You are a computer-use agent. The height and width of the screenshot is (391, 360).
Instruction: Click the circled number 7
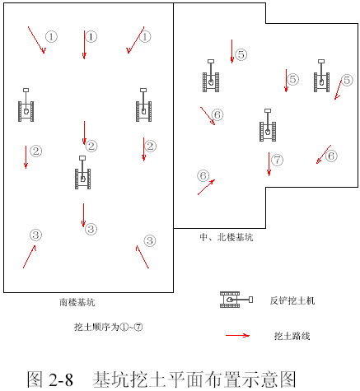277,160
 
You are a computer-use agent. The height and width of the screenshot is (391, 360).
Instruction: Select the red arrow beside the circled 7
269,164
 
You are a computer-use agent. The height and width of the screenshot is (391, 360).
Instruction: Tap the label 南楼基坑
77,302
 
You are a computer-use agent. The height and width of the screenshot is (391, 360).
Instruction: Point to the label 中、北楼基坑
227,237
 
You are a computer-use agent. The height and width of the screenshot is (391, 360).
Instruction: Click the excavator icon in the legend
236,300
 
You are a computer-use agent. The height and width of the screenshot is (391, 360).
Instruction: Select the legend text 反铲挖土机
292,300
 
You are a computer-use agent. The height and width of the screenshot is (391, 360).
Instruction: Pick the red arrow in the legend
237,335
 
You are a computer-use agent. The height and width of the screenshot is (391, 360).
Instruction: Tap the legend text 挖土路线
292,336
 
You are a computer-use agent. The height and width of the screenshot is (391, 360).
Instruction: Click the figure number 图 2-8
50,379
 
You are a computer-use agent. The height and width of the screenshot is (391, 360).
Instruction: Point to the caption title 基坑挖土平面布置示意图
194,379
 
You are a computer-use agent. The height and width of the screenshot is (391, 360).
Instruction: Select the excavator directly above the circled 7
268,125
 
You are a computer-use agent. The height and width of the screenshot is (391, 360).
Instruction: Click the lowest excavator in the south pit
82,173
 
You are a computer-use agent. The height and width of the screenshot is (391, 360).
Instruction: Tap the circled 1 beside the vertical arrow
91,36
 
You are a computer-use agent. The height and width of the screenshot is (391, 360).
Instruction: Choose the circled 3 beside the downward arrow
91,229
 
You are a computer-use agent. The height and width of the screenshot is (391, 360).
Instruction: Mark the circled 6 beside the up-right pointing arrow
203,175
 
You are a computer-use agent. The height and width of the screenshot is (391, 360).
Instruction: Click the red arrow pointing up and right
206,187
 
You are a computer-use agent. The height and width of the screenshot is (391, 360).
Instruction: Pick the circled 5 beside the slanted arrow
347,80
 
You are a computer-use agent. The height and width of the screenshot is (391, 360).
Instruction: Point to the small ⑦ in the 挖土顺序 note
138,327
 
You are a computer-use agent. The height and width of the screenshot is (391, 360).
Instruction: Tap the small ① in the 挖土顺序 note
124,327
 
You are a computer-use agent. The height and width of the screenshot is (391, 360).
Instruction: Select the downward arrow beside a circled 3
83,216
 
